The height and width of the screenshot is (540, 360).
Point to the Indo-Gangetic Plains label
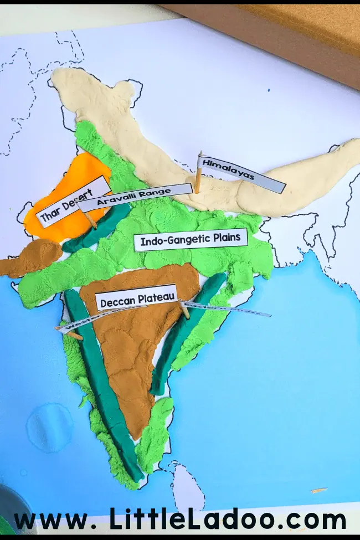(191, 240)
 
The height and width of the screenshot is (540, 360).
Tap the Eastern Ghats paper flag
(227, 308)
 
